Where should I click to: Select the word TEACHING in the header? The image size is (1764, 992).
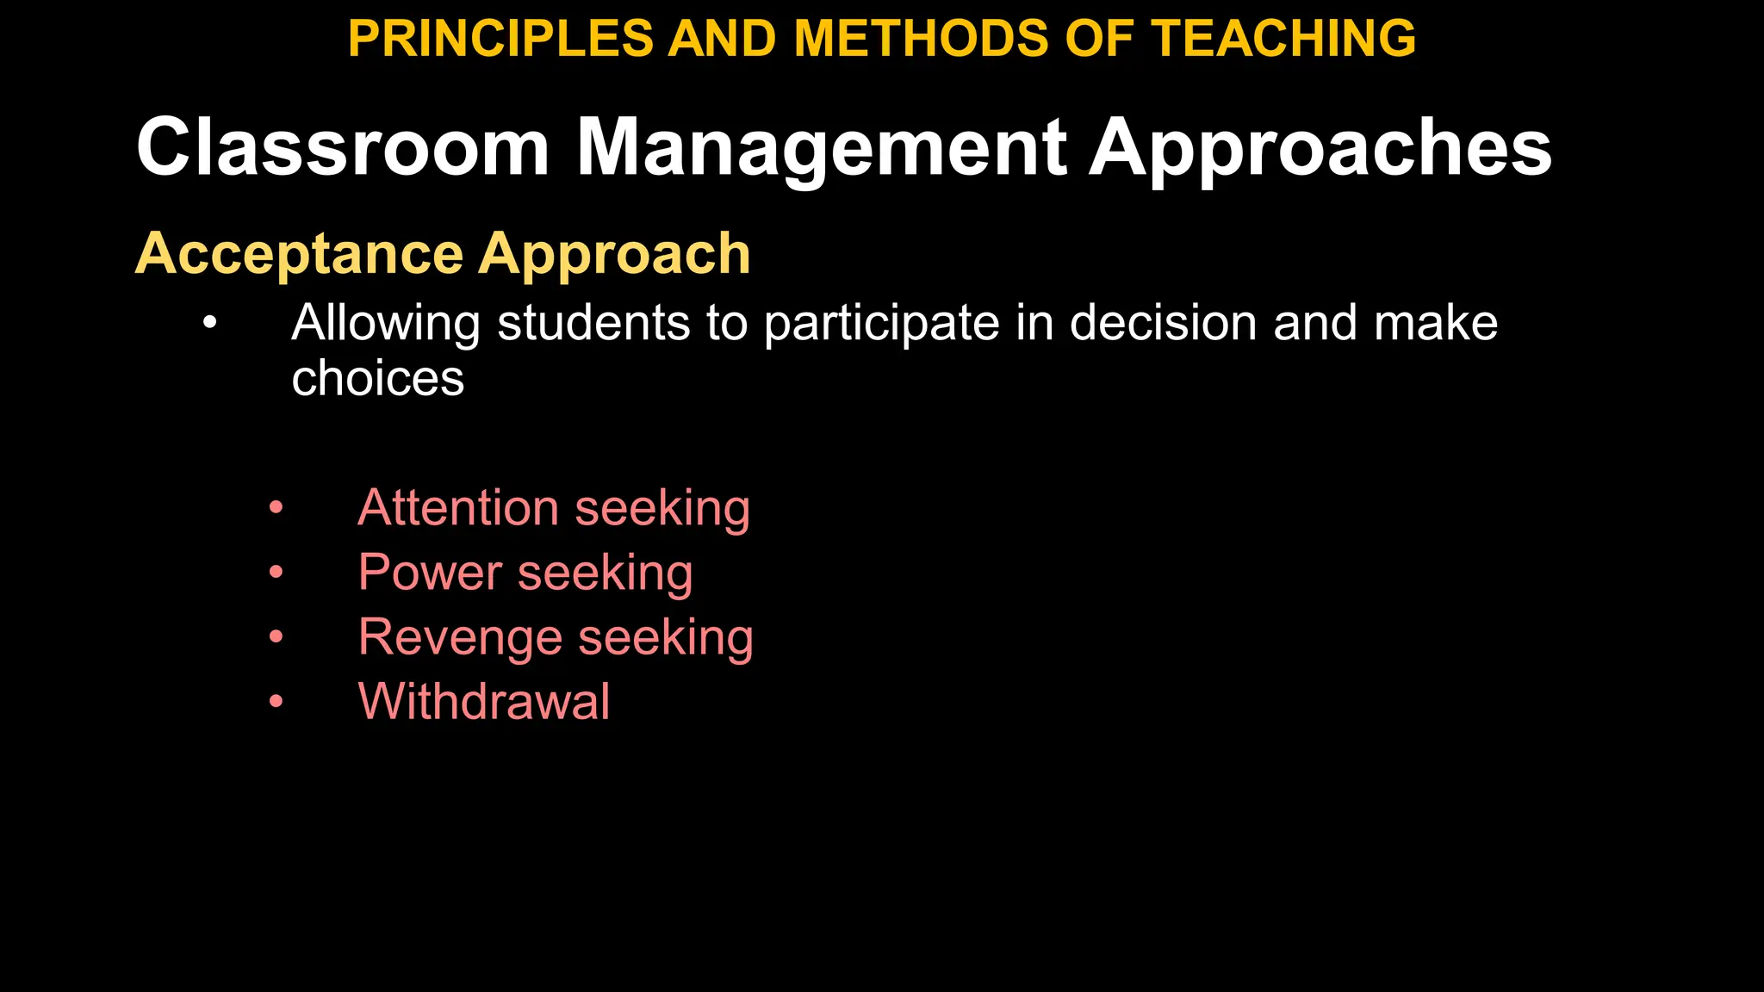click(1283, 39)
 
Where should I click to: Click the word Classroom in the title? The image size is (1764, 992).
click(343, 147)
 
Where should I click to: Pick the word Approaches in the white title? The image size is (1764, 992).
click(1320, 147)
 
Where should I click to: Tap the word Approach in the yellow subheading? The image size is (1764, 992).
click(615, 254)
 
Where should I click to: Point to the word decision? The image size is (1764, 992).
click(1163, 323)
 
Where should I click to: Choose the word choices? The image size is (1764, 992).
click(377, 378)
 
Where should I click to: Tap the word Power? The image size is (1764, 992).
click(430, 572)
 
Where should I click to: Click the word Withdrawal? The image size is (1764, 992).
click(484, 701)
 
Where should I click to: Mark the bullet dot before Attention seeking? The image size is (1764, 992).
click(276, 507)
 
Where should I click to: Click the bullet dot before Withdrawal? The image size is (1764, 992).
click(276, 701)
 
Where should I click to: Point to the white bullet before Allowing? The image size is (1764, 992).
click(209, 324)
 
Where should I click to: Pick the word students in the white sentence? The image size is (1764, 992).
click(594, 323)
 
